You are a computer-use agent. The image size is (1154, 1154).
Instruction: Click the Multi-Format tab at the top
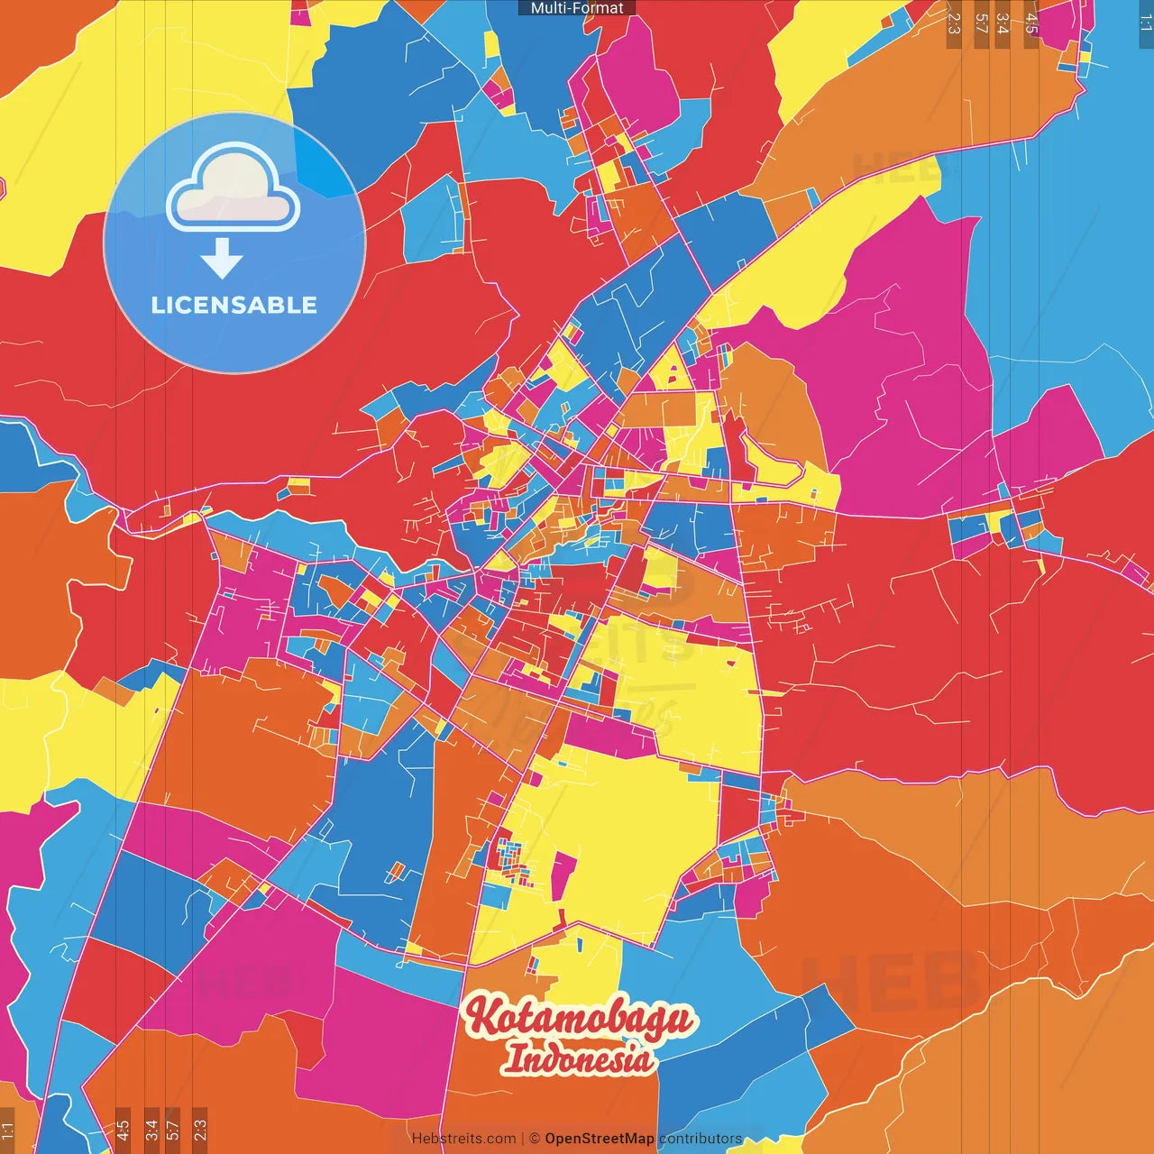[x=577, y=8]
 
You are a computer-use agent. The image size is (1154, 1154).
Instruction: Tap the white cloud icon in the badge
[x=234, y=189]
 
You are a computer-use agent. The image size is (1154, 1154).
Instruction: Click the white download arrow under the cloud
[x=222, y=258]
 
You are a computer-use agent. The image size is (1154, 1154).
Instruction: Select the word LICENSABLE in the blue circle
[x=234, y=306]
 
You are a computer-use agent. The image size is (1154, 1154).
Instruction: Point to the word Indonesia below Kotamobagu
[x=578, y=1058]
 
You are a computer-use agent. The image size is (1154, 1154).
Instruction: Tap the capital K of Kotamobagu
[x=483, y=1017]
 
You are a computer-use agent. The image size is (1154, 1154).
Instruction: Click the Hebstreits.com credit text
[x=463, y=1139]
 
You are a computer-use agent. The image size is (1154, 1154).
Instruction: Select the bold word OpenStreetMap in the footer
[x=600, y=1139]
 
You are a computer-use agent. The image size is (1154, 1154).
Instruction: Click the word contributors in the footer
[x=701, y=1139]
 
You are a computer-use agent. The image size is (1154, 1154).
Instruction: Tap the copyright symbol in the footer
[x=535, y=1139]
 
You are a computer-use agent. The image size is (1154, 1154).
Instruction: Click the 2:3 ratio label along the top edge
[x=954, y=23]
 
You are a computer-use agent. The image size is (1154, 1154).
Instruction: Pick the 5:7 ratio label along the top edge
[x=981, y=23]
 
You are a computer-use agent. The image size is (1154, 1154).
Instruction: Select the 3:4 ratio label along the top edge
[x=1003, y=23]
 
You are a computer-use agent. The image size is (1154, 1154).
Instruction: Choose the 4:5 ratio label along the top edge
[x=1031, y=23]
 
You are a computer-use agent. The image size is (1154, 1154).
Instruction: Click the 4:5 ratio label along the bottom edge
[x=123, y=1130]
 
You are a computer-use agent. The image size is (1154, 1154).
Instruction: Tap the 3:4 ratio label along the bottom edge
[x=151, y=1130]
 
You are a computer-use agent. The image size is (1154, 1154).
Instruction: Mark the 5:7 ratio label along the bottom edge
[x=173, y=1130]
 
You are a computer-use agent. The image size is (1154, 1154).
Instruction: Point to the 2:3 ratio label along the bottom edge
[x=200, y=1130]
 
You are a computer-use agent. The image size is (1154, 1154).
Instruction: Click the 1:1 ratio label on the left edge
[x=7, y=1130]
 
